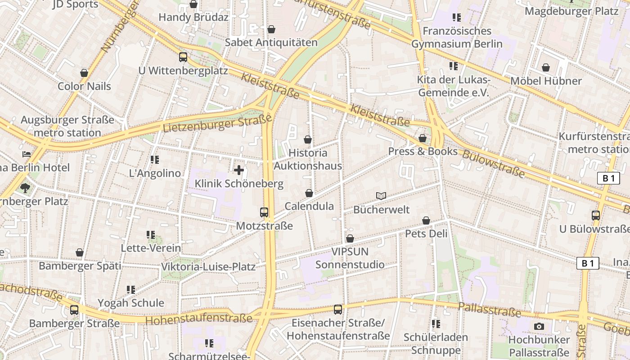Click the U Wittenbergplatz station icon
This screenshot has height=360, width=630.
[183, 57]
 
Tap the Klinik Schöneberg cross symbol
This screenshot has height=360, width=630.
[239, 170]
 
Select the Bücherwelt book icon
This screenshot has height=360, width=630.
[381, 196]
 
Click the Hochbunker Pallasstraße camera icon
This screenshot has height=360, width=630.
[539, 326]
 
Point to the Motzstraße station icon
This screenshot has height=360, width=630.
[264, 212]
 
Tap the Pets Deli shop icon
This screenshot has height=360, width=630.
[426, 220]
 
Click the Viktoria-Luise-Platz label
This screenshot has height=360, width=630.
[208, 266]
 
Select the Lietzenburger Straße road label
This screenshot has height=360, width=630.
[217, 124]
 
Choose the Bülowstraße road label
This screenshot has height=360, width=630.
[493, 163]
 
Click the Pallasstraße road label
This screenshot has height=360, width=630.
[489, 309]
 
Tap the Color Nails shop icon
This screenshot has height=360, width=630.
[84, 73]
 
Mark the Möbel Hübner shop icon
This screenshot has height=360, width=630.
[546, 67]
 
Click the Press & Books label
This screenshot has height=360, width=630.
[423, 152]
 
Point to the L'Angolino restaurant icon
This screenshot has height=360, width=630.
[155, 160]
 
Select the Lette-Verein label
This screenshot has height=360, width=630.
[151, 248]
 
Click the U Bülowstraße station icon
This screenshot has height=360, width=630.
[596, 216]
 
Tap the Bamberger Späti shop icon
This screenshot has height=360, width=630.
[80, 253]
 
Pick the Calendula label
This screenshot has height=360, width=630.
[309, 206]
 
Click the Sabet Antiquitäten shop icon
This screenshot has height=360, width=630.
[271, 30]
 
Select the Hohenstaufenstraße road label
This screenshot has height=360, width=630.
[199, 319]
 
